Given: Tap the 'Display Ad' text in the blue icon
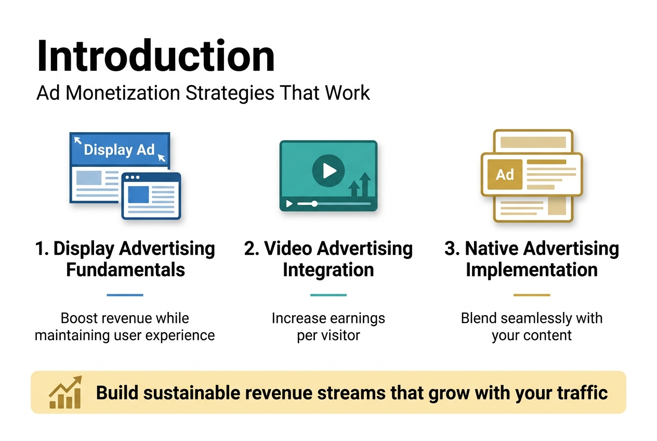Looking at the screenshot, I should tap(119, 150).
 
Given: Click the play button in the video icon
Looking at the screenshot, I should tap(328, 170).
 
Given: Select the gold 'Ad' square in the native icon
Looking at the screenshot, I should tap(504, 175).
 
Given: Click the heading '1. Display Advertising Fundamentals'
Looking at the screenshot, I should tap(125, 259).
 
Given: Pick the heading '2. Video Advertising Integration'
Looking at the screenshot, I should tap(328, 259).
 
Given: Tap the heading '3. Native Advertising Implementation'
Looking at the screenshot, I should tap(531, 259).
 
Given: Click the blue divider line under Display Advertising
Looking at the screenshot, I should tap(125, 295).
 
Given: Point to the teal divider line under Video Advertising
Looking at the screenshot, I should tap(328, 295).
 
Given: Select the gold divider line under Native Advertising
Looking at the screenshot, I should tap(531, 295).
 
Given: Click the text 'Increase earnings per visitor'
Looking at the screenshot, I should tap(328, 327).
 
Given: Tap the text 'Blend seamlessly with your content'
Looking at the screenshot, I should tap(531, 327).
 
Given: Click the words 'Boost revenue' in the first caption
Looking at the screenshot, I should tap(96, 318).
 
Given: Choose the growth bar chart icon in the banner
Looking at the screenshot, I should tap(65, 393).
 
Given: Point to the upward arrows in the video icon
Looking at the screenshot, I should tap(360, 186).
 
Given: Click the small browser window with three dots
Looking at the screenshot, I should tap(151, 196).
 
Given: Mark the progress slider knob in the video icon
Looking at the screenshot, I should tap(314, 204).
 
